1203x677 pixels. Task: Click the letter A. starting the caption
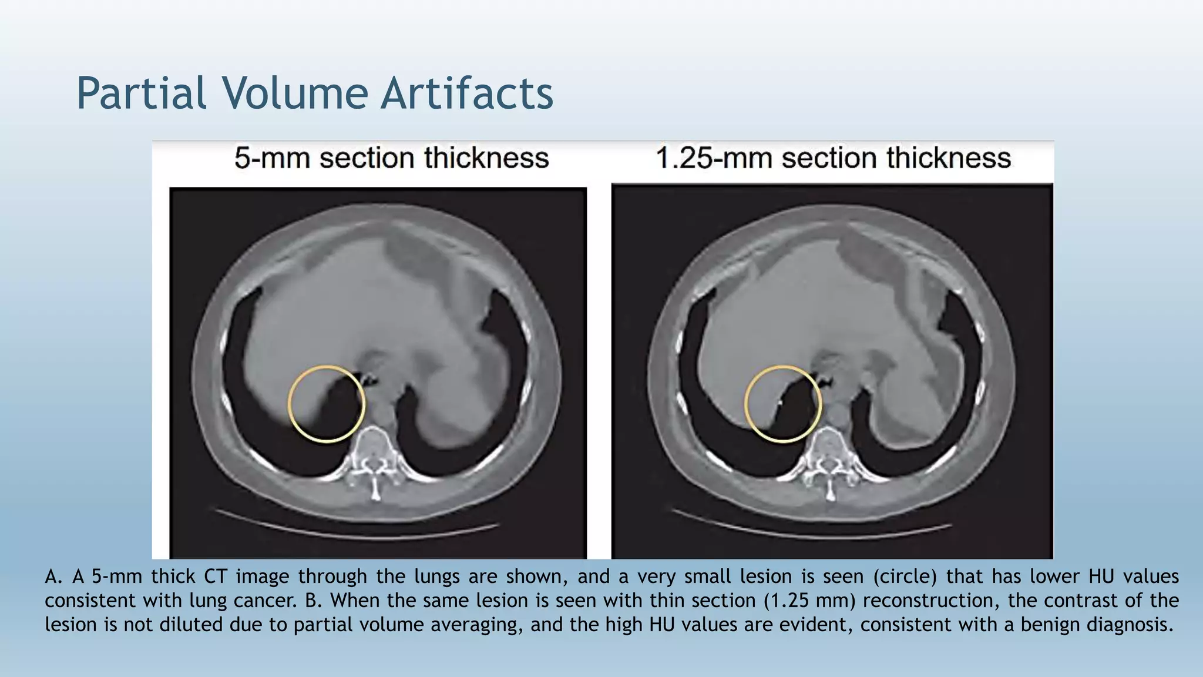(53, 577)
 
